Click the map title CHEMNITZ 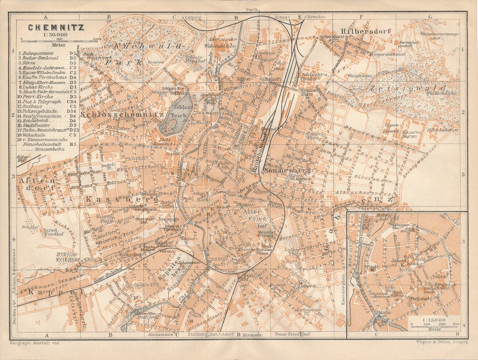[x=56, y=28]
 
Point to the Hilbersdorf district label [x=360, y=31]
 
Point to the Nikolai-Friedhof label [x=68, y=257]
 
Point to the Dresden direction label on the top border [x=316, y=17]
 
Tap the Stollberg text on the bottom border [x=198, y=334]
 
